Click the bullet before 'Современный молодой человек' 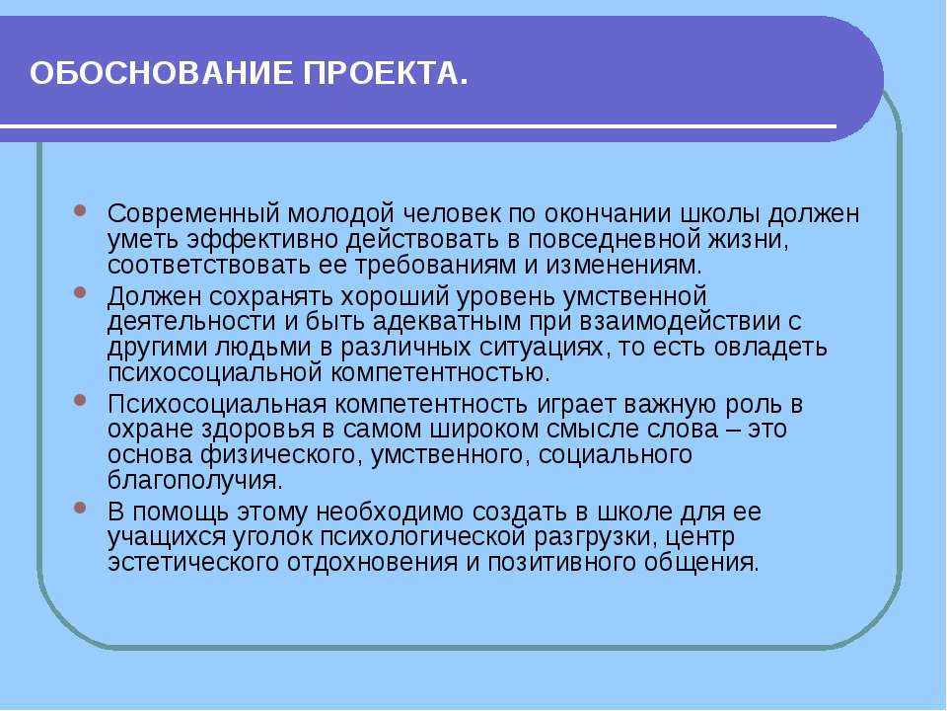pos(84,213)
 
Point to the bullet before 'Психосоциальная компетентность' pos(84,403)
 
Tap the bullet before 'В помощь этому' pos(84,512)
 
